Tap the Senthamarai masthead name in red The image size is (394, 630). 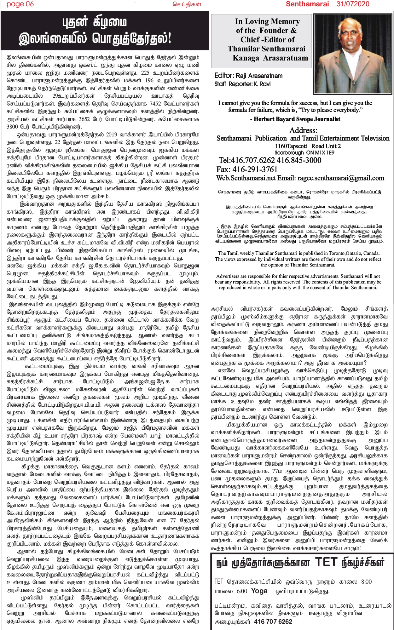click(x=307, y=4)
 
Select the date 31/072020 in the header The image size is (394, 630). click(x=353, y=4)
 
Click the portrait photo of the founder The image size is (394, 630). click(x=352, y=54)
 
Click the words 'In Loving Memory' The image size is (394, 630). click(x=267, y=21)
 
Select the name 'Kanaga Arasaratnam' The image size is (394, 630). click(x=270, y=58)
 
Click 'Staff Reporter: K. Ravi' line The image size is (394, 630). click(x=242, y=84)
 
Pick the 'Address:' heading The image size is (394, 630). click(x=303, y=130)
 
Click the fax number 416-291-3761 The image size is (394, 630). click(x=247, y=169)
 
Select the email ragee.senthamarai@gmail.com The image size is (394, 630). click(x=341, y=178)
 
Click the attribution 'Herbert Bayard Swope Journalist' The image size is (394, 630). click(x=297, y=119)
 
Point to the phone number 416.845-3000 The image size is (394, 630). click(x=299, y=160)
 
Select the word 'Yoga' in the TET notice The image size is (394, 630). click(x=259, y=591)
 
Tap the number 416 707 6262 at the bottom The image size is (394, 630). click(x=273, y=621)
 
